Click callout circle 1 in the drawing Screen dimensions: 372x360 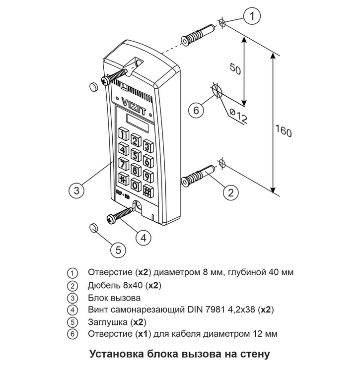click(x=254, y=16)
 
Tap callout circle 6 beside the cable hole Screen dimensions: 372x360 click(x=196, y=111)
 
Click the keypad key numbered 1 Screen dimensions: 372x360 click(x=124, y=134)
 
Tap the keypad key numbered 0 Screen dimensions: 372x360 click(x=134, y=185)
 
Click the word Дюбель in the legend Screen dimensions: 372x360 click(x=103, y=285)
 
